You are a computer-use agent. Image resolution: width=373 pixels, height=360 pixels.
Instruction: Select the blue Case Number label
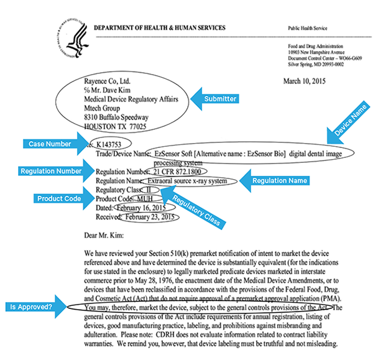point(48,144)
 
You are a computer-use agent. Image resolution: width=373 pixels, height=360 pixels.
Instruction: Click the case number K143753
point(116,142)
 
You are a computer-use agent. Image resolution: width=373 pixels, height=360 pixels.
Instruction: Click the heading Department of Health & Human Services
point(159,29)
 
